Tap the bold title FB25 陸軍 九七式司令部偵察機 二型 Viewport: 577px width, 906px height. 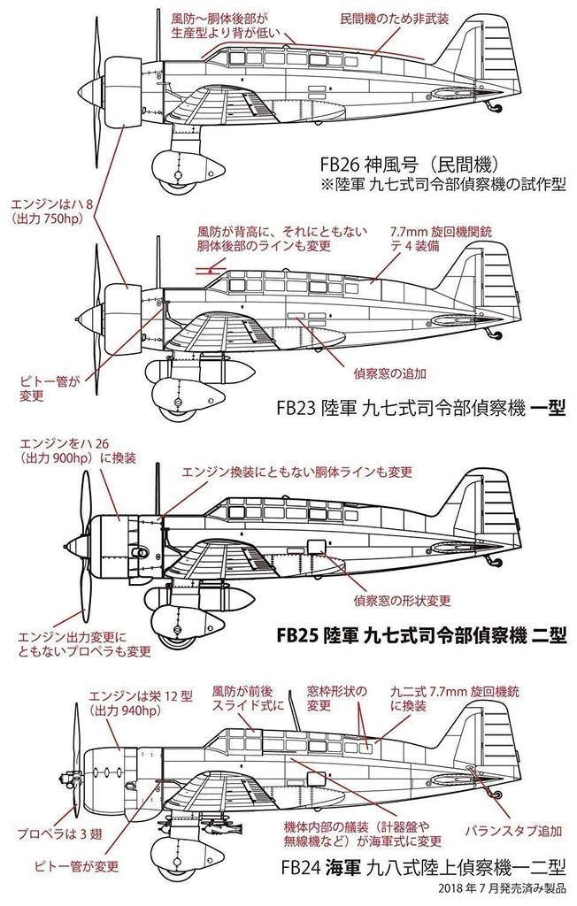(x=421, y=637)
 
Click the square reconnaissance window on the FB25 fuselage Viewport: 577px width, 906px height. (x=315, y=549)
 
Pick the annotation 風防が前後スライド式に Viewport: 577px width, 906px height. (x=244, y=700)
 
